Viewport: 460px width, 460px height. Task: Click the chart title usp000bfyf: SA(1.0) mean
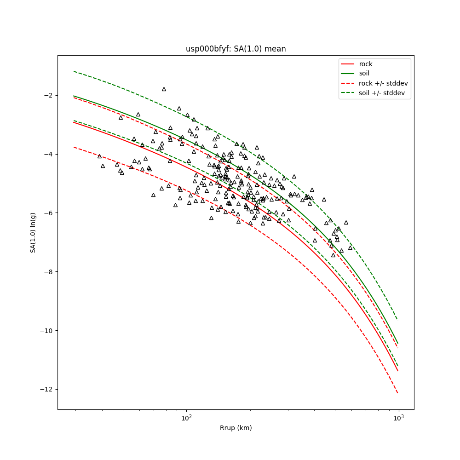[236, 49]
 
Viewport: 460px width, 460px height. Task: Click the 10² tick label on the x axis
[186, 418]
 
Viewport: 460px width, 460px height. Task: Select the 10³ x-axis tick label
[398, 418]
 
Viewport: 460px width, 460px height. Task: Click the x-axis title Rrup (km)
[236, 428]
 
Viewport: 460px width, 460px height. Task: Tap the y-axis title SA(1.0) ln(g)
[33, 232]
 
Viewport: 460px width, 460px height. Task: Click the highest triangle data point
[164, 89]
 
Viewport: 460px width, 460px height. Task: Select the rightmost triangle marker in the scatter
[350, 248]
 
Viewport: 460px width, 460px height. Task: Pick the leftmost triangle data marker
[99, 156]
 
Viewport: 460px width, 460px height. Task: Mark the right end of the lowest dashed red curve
[398, 393]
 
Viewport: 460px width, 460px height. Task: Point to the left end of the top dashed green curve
[74, 71]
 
